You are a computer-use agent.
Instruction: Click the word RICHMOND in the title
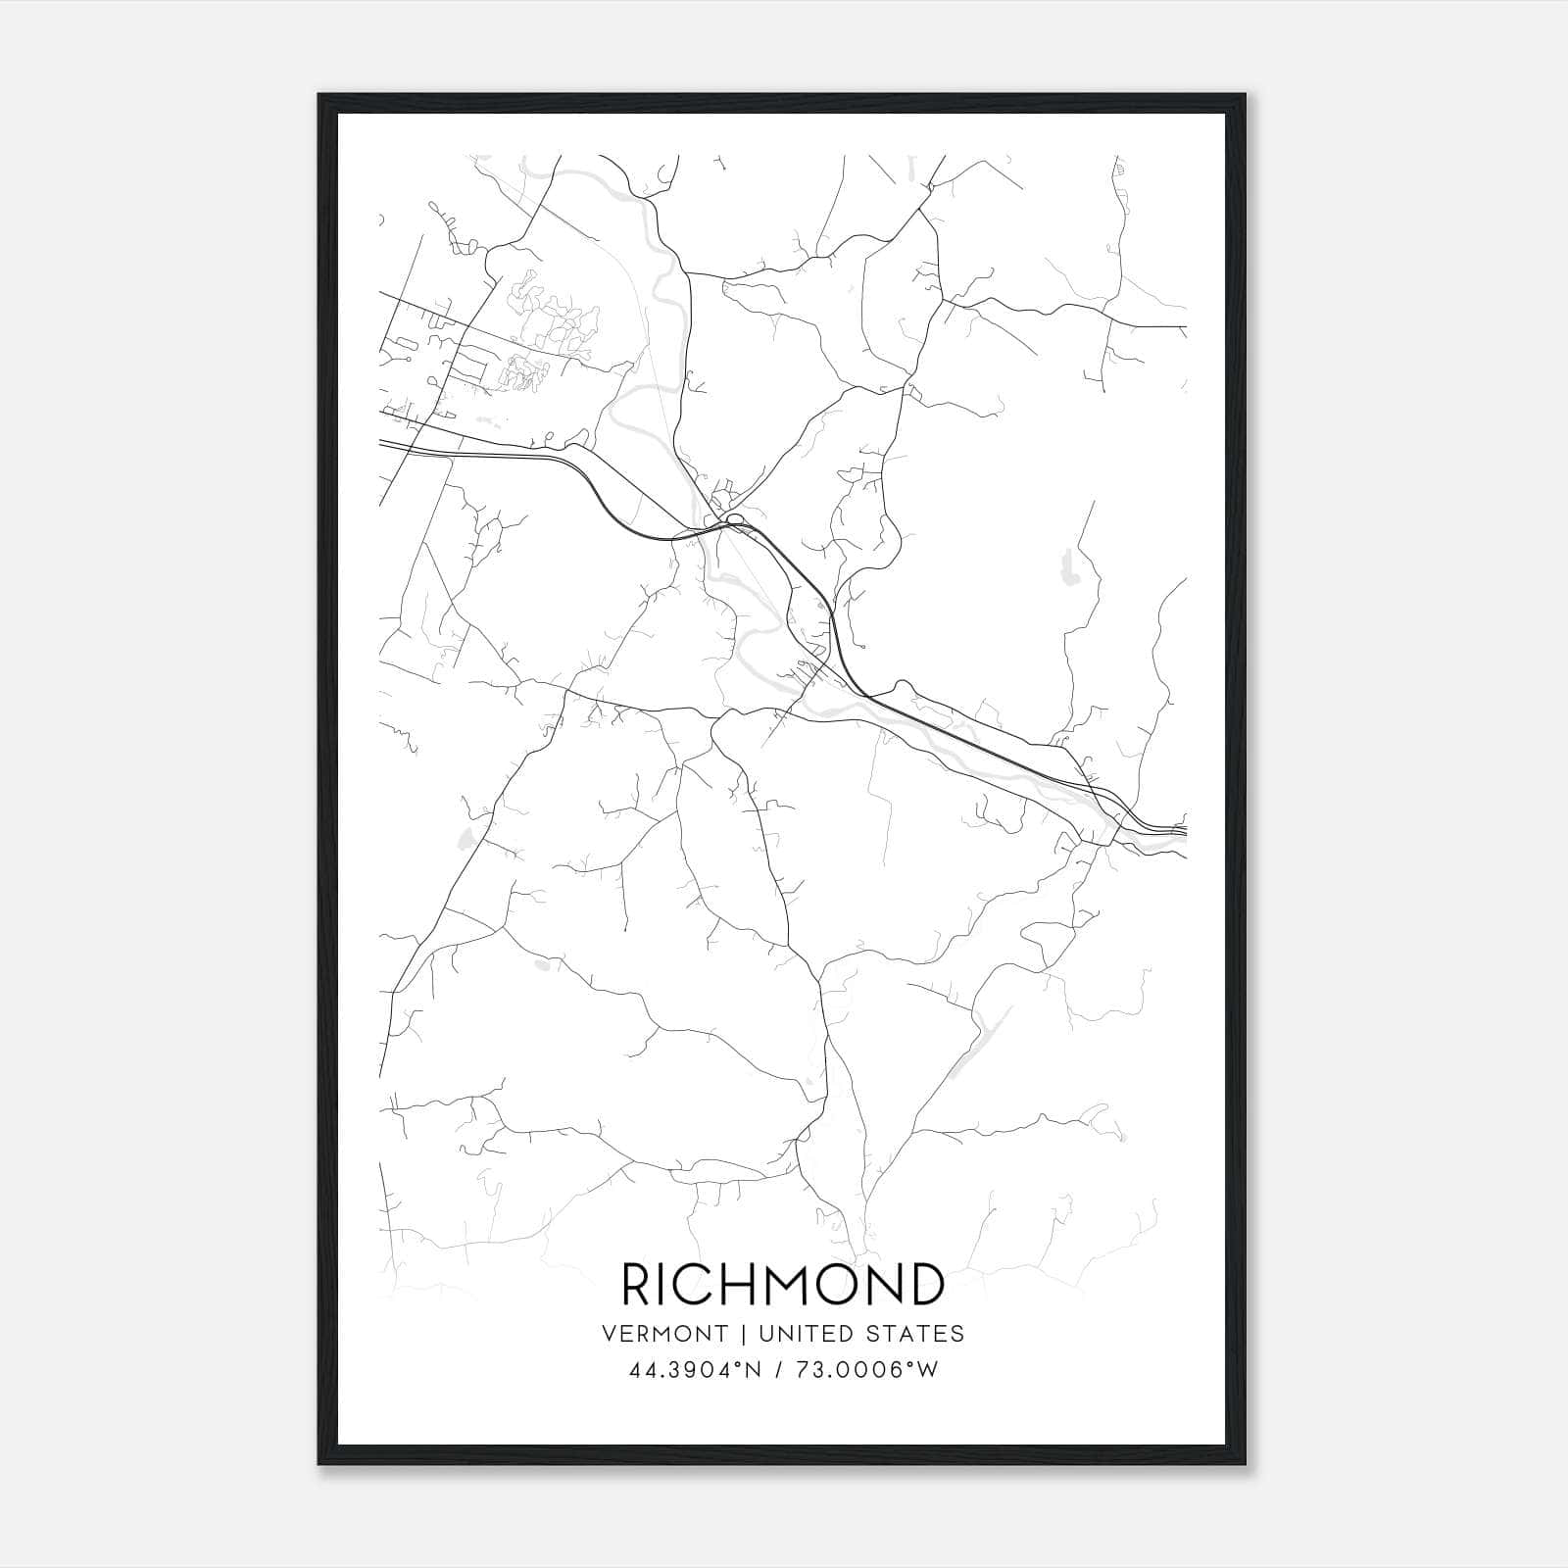[783, 1285]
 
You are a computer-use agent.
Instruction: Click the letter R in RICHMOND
[637, 1285]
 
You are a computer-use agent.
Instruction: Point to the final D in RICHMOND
[927, 1285]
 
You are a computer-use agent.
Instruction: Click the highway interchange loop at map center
[734, 519]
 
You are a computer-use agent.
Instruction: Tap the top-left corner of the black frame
[319, 96]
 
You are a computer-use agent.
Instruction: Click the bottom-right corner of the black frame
[1245, 1464]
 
